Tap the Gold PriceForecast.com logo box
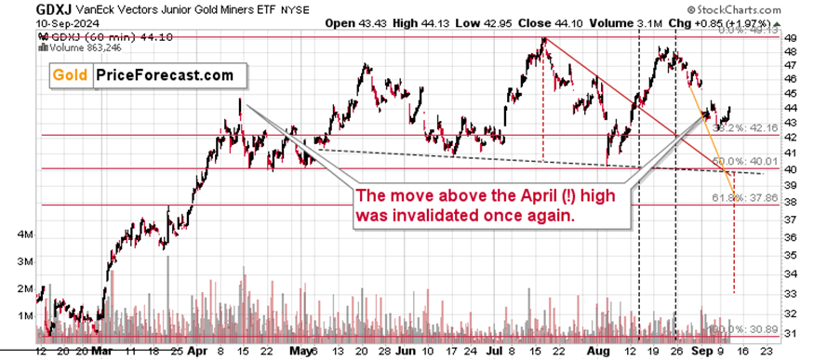(143, 75)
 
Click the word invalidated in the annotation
(434, 214)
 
